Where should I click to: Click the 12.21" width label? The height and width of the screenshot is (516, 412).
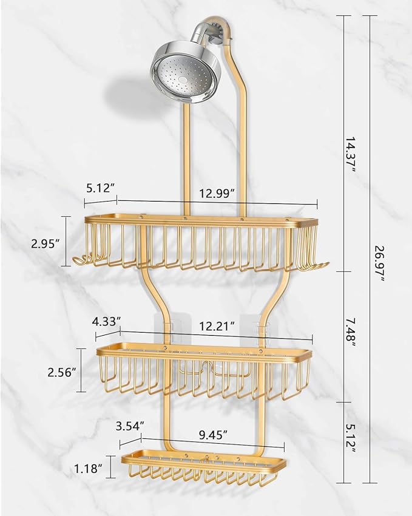[x=216, y=326]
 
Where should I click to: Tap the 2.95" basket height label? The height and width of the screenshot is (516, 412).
[x=46, y=243]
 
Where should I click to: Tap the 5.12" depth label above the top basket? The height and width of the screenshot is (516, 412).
[x=101, y=188]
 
